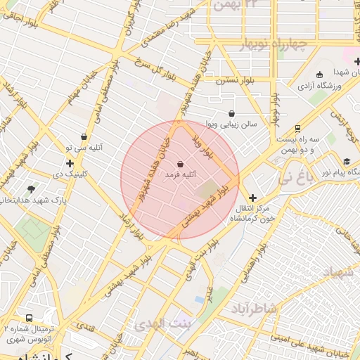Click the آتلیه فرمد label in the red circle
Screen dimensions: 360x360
181,173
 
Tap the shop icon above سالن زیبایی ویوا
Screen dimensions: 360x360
231,113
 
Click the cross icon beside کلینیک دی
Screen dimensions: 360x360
70,163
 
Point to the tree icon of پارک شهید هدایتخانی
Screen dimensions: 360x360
31,189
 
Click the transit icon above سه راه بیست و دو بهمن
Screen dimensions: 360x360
298,129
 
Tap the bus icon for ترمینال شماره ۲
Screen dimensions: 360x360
29,319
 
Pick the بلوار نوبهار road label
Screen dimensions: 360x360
275,105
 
